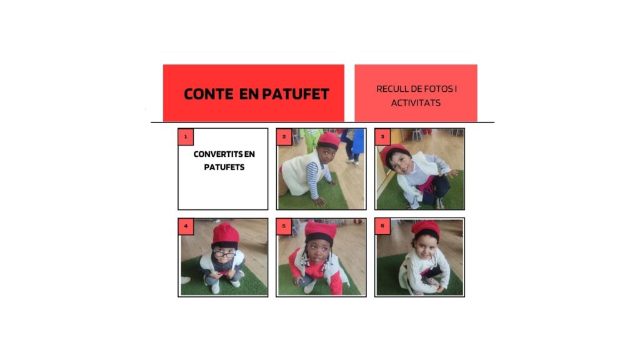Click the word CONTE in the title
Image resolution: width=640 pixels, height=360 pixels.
[209, 94]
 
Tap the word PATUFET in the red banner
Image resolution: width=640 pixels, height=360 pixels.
[296, 94]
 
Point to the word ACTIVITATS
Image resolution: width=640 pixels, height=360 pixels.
[416, 103]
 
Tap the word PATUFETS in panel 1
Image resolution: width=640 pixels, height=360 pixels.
[224, 167]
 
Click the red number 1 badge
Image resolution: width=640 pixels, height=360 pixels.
[186, 137]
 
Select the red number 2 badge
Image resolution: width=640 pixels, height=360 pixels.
[284, 137]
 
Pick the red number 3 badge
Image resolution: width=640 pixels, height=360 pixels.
[382, 137]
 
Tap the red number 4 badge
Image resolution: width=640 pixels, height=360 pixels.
[186, 226]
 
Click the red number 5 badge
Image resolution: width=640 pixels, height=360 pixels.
[284, 226]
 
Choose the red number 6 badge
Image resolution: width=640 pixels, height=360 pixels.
[382, 226]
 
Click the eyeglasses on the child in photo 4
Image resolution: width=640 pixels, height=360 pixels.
[224, 254]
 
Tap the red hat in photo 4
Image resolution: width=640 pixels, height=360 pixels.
[225, 234]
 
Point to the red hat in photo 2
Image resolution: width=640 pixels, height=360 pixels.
[329, 139]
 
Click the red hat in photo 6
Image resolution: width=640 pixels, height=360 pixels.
[426, 229]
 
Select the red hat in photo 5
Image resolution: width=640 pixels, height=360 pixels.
[321, 231]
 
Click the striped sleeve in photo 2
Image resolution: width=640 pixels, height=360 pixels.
[313, 179]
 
